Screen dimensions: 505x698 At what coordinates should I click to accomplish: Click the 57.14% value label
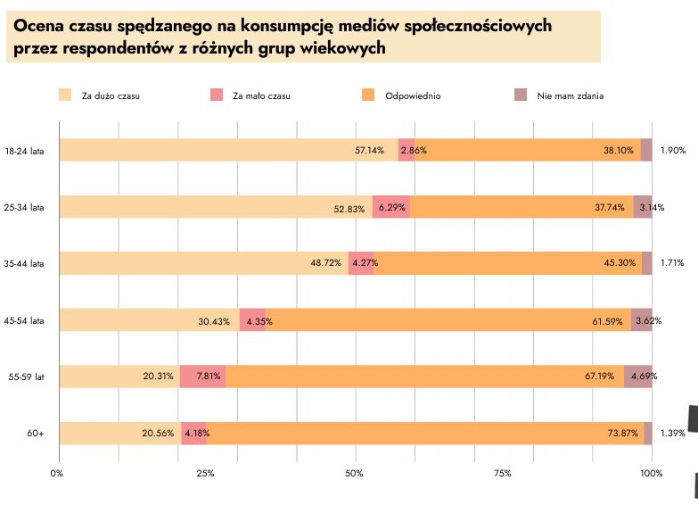pos(369,151)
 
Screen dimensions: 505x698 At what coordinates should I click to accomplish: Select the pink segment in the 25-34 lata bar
pos(390,207)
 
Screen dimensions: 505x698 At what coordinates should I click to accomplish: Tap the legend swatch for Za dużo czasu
pos(64,95)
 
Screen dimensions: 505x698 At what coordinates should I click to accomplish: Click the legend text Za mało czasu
pos(261,95)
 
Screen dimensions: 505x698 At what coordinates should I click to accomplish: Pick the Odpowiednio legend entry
pos(413,95)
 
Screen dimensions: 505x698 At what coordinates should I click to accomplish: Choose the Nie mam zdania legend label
pos(571,95)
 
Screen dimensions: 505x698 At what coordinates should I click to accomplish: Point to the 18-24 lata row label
pos(24,151)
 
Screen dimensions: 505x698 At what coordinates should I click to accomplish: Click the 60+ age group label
pos(36,434)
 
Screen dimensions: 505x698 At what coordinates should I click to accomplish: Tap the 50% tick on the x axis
pos(355,473)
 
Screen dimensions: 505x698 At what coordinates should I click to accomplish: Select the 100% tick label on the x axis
pos(652,473)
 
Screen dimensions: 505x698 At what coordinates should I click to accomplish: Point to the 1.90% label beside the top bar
pos(673,151)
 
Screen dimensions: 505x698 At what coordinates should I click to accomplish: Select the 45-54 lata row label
pos(24,320)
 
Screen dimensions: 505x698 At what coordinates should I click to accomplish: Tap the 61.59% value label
pos(611,320)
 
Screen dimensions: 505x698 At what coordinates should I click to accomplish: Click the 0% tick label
pos(58,473)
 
